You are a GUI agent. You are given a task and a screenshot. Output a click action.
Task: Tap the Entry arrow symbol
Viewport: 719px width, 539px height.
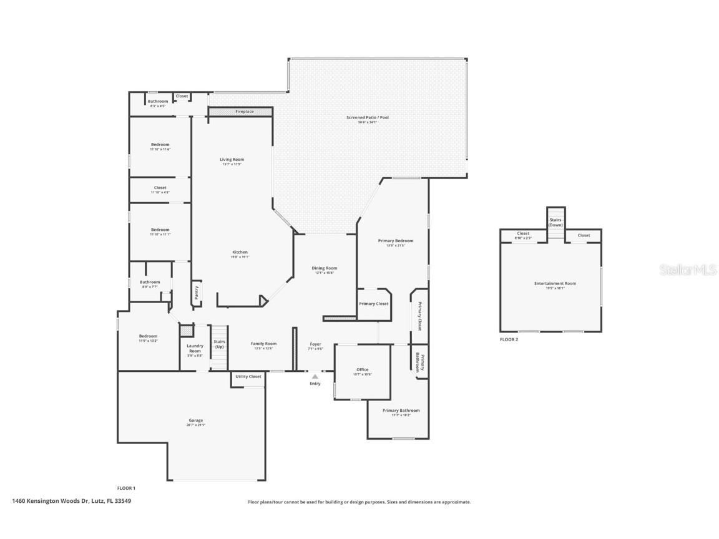click(x=315, y=376)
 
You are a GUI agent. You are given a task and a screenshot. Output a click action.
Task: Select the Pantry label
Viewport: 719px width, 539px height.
click(x=196, y=293)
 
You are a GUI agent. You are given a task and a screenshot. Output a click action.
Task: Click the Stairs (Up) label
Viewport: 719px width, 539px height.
click(x=219, y=344)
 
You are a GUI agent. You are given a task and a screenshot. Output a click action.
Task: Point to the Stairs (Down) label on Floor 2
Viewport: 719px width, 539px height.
click(x=555, y=222)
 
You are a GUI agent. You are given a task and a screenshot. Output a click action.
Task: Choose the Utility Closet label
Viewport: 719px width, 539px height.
click(x=248, y=377)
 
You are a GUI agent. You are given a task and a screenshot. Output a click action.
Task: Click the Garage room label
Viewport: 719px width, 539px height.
click(x=196, y=420)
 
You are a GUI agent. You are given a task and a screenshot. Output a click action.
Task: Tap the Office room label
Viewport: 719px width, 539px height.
click(x=362, y=370)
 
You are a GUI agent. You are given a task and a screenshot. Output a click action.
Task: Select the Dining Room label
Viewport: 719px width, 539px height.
click(x=325, y=268)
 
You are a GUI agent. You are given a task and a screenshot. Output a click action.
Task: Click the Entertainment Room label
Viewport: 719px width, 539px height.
click(x=555, y=284)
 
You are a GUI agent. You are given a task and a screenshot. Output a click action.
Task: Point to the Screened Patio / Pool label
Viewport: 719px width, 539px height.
click(x=368, y=117)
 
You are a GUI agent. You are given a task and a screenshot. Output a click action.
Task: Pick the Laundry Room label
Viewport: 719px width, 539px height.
click(x=195, y=348)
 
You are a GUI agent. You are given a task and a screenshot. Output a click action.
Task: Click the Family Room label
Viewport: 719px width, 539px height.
click(x=263, y=344)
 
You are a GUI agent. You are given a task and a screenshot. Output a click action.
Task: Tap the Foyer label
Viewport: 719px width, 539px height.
click(x=315, y=344)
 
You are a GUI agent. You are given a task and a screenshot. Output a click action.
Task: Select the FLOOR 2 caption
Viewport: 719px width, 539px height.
click(x=509, y=340)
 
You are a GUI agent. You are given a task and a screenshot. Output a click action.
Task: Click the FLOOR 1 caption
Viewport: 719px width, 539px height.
click(x=126, y=488)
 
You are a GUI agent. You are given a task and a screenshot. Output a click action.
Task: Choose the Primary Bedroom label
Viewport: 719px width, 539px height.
click(x=396, y=241)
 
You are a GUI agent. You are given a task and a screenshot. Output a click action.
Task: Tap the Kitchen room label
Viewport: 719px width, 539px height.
click(x=240, y=253)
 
